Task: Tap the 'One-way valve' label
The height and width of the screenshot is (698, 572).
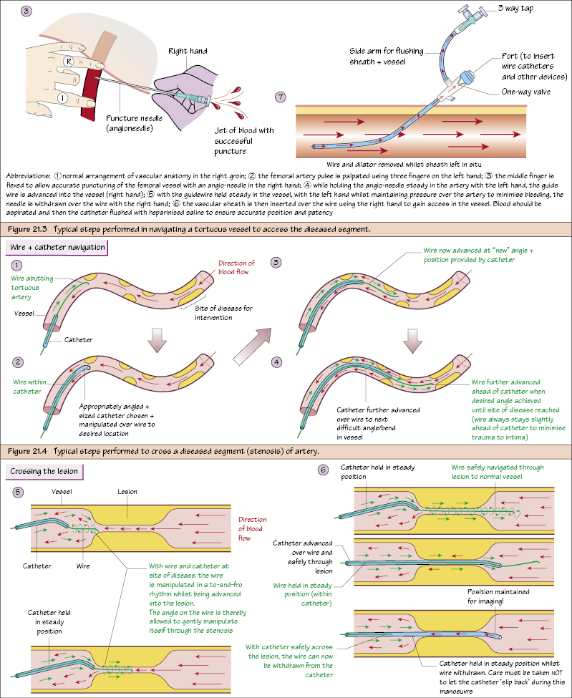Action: [526, 92]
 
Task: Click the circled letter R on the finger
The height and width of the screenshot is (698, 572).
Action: [69, 62]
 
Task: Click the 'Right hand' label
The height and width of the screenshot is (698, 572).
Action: [188, 52]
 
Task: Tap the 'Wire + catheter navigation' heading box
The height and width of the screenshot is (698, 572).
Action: [57, 247]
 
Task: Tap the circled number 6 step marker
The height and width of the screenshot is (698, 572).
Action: [324, 470]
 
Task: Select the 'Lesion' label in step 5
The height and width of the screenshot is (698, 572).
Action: [127, 492]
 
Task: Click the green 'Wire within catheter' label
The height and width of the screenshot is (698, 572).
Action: [28, 387]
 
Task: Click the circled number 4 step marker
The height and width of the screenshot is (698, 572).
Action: [276, 362]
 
